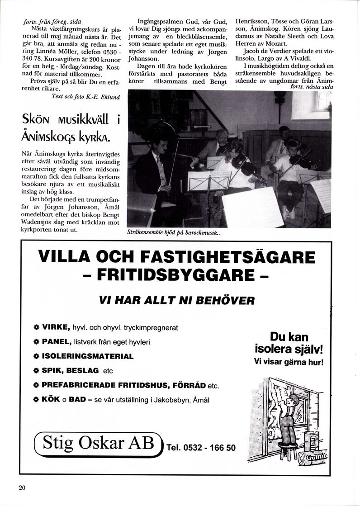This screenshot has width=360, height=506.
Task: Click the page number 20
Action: point(22,487)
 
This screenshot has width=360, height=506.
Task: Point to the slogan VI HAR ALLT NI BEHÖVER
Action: point(177,300)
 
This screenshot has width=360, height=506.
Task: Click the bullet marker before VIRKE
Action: point(36,327)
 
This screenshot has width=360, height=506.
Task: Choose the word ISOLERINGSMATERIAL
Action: point(88,356)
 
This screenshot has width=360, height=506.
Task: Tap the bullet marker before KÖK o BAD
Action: point(36,400)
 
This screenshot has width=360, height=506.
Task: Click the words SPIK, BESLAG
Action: point(70,370)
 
